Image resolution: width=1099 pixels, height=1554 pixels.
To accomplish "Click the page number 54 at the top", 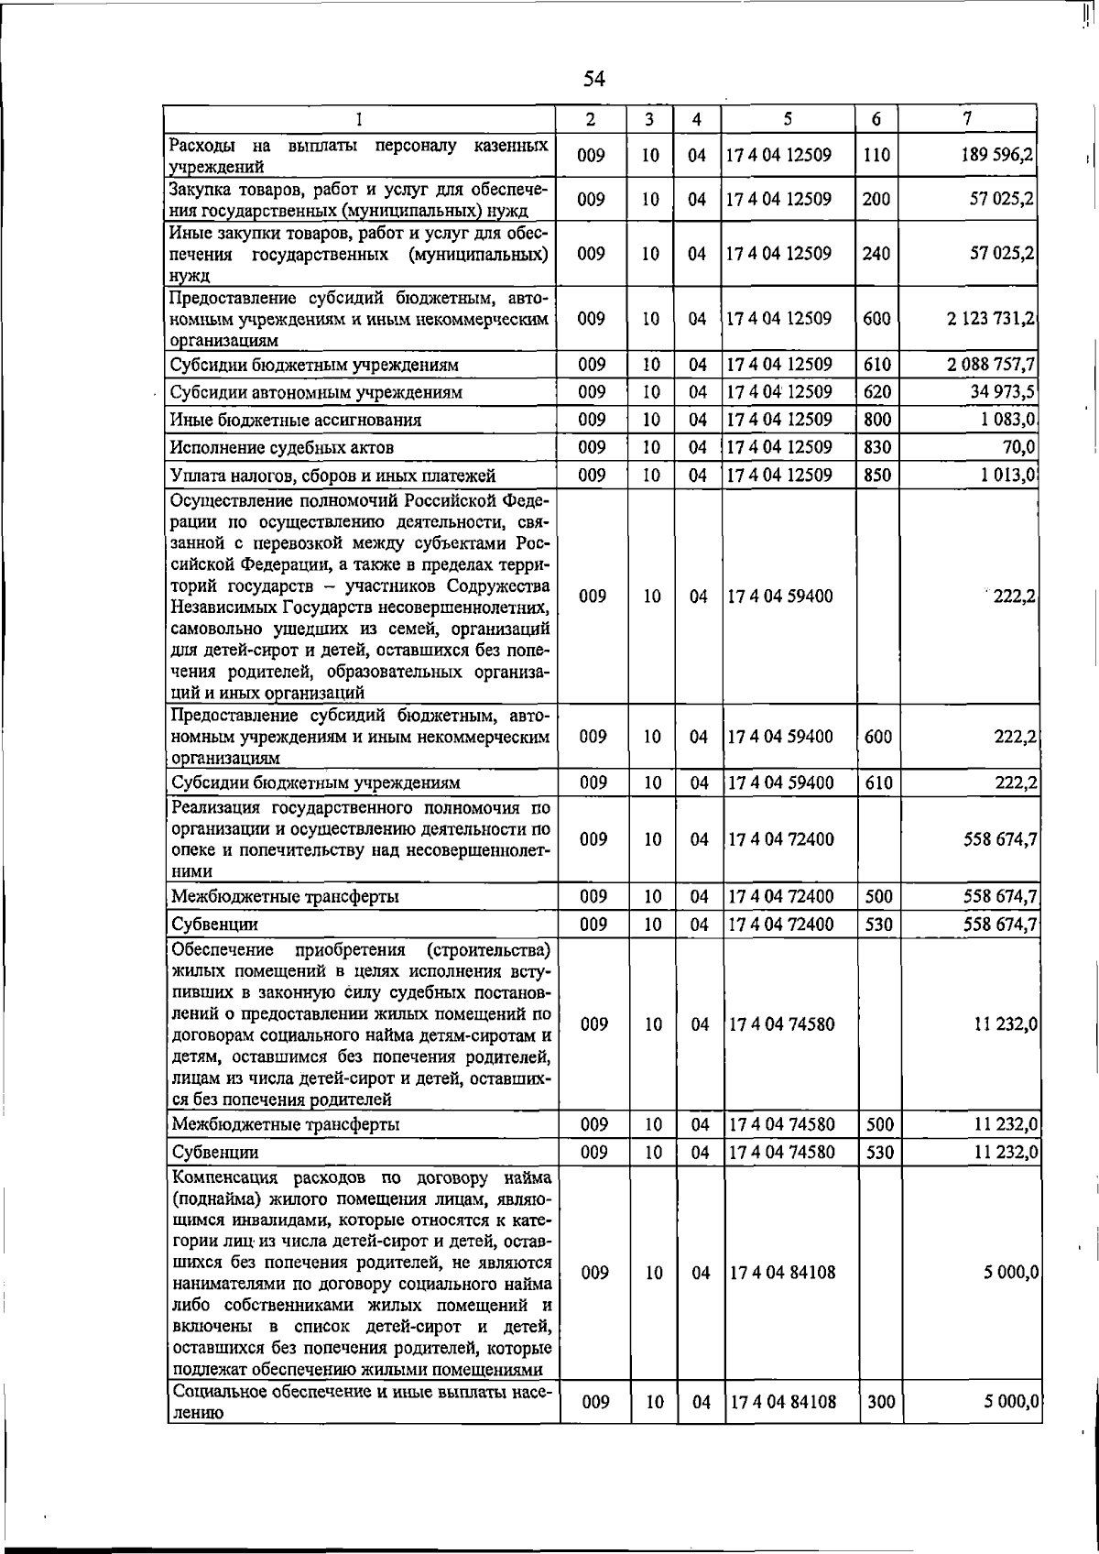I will (594, 79).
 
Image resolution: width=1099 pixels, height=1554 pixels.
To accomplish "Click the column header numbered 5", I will (788, 119).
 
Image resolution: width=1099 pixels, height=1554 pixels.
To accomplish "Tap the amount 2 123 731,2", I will (991, 318).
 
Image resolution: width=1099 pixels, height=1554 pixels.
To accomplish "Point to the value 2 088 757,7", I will (991, 365).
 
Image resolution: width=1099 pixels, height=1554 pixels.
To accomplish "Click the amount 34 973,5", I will (1002, 392).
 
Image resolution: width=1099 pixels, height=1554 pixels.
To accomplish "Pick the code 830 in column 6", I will (877, 447).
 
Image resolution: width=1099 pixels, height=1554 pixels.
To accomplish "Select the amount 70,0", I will (1018, 447).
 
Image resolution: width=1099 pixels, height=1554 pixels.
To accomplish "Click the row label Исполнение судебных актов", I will (282, 448).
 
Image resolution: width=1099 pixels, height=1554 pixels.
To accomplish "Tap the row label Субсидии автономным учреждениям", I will (316, 393).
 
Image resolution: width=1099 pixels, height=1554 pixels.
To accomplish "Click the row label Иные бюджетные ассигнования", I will (296, 421).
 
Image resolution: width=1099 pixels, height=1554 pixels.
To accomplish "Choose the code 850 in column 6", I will (877, 476).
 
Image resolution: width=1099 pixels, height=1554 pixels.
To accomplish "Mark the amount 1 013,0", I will (1011, 476).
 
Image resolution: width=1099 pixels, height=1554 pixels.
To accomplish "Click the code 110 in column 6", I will (876, 155).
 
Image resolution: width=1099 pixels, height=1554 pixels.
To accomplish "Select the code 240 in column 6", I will (876, 253).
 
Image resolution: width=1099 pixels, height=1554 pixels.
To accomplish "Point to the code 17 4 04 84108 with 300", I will (782, 1427).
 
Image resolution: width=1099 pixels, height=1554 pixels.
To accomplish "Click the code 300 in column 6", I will (880, 1427).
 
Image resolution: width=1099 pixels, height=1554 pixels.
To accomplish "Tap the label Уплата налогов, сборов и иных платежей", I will (333, 476).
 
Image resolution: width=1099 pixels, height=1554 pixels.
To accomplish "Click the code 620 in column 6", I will (877, 392).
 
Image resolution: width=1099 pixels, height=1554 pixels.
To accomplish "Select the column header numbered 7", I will (967, 119).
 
